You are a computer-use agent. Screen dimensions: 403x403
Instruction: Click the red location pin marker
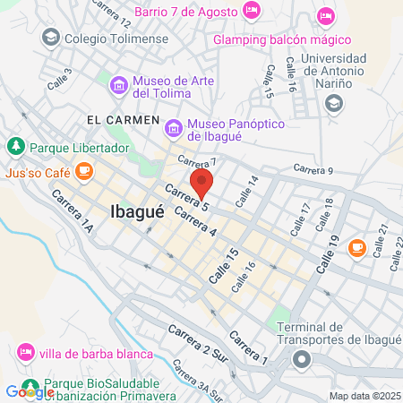coord(203,184)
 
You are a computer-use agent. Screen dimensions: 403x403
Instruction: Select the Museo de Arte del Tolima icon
coord(119,85)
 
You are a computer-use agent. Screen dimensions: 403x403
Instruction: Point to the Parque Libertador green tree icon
coord(15,145)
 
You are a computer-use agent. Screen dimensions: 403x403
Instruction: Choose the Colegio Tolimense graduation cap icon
coord(51,38)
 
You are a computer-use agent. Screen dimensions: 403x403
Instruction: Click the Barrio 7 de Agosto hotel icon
coord(252,12)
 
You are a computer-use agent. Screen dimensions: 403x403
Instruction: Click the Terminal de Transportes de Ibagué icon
coord(302,361)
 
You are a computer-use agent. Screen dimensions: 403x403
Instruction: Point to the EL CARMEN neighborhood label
coord(123,119)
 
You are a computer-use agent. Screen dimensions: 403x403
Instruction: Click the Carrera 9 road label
coord(313,169)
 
